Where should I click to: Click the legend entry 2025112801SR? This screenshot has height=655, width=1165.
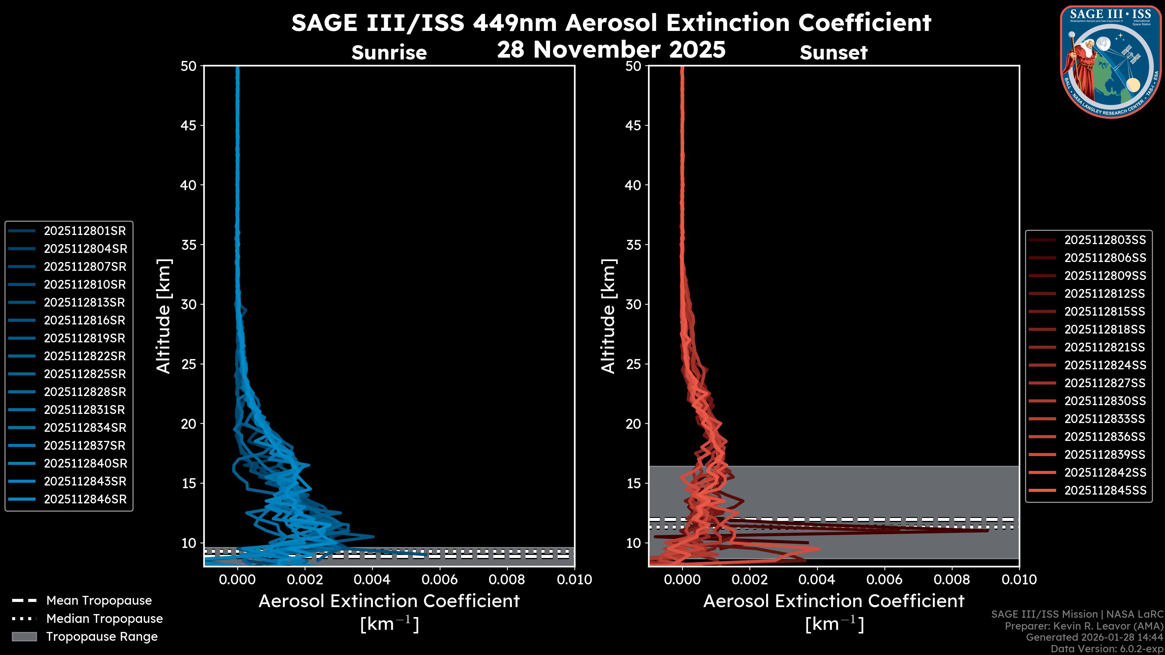85,231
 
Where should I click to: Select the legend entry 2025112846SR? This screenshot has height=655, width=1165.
85,499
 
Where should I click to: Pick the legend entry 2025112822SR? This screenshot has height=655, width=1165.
85,356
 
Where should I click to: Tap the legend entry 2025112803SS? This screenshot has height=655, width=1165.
1105,240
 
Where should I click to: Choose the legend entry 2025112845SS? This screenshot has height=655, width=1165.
1105,490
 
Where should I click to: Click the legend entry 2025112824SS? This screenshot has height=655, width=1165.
1105,365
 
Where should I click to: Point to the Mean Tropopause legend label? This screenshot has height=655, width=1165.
99,601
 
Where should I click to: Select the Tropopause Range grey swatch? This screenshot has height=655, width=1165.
24,637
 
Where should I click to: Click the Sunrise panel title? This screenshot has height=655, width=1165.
389,53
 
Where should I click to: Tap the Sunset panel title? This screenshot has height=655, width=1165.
833,53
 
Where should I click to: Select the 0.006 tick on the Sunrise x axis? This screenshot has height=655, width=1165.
439,579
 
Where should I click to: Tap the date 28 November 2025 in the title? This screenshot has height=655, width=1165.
611,50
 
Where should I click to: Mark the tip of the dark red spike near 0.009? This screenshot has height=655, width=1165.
987,530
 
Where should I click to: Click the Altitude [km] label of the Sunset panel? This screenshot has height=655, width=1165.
608,316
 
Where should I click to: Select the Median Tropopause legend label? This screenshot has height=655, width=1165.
104,619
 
